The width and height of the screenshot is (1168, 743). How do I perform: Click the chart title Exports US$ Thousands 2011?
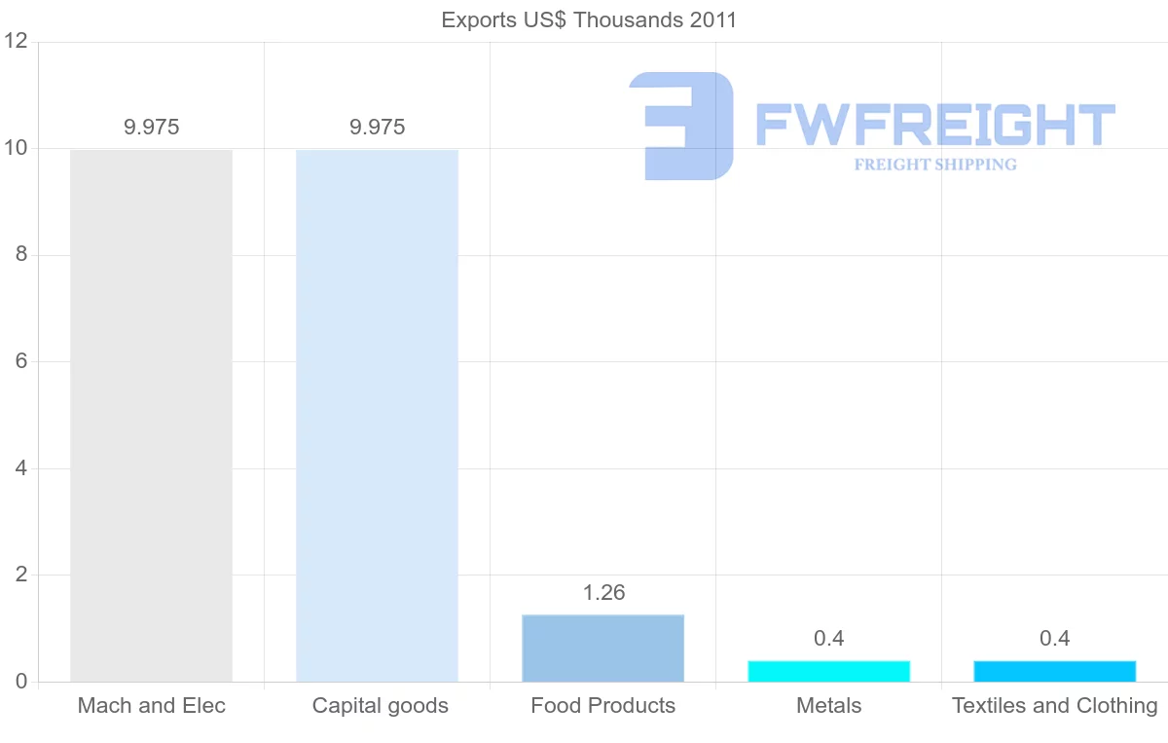tap(589, 19)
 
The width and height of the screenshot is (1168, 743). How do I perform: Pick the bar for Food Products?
tap(603, 649)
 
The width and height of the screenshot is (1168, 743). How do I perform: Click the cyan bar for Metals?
tap(829, 671)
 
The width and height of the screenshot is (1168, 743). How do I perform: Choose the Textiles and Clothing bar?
tap(1055, 671)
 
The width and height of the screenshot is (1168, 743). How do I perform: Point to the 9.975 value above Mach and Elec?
tap(151, 128)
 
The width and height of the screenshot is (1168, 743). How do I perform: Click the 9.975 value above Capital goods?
tap(377, 128)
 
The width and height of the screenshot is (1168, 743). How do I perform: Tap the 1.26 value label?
tap(603, 593)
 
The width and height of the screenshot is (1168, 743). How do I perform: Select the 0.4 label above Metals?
tap(829, 639)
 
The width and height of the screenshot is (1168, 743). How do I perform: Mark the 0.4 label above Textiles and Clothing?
tap(1055, 639)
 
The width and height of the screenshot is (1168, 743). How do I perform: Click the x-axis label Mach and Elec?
tap(151, 706)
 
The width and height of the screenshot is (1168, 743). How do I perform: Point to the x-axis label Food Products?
tap(603, 706)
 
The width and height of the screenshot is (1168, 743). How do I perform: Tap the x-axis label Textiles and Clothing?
tap(1055, 706)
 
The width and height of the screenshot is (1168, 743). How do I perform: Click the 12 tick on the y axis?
tap(15, 42)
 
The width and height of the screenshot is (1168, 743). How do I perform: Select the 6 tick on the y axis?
tap(19, 362)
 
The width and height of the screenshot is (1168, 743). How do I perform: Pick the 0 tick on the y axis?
tap(19, 682)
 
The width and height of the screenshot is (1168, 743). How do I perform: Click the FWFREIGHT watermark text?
tap(934, 126)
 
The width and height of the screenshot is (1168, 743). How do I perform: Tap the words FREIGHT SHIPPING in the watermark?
tap(935, 165)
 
